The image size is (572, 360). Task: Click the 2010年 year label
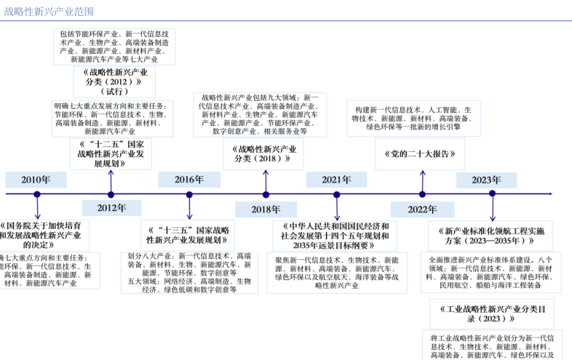[36, 180]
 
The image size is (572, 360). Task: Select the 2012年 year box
[111, 208]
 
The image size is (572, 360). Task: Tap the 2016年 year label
[189, 180]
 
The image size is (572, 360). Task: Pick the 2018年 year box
[266, 209]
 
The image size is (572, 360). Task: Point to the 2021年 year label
[336, 180]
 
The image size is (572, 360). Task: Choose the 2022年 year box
[422, 209]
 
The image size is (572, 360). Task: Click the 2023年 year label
[486, 180]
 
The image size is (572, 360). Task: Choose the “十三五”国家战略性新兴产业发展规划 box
[188, 234]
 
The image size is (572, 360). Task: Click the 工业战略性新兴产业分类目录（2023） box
[491, 313]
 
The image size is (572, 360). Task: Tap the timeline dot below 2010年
[37, 194]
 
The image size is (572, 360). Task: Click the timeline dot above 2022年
[422, 194]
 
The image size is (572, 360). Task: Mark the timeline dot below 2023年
[492, 194]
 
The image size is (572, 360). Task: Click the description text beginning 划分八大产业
[188, 273]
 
